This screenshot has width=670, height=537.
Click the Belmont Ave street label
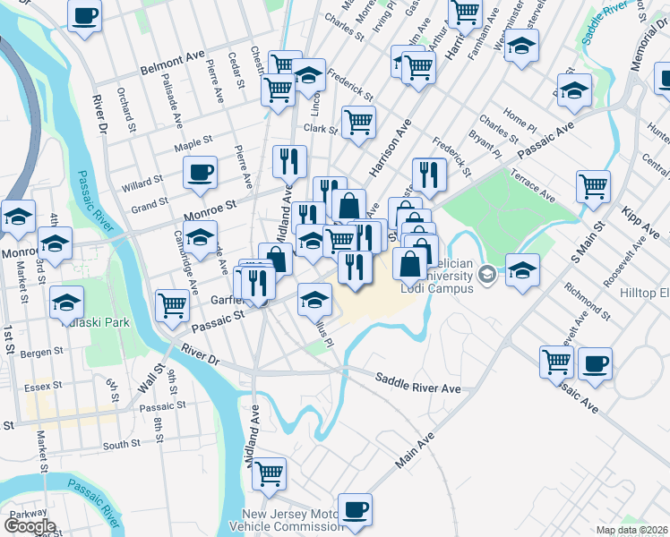[172, 64]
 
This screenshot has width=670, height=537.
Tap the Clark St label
[319, 129]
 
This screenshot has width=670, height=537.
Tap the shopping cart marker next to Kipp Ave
[593, 185]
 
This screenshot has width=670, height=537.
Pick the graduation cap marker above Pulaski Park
[67, 302]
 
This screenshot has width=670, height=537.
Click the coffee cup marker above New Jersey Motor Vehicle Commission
[355, 508]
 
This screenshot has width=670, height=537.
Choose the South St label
[121, 444]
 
